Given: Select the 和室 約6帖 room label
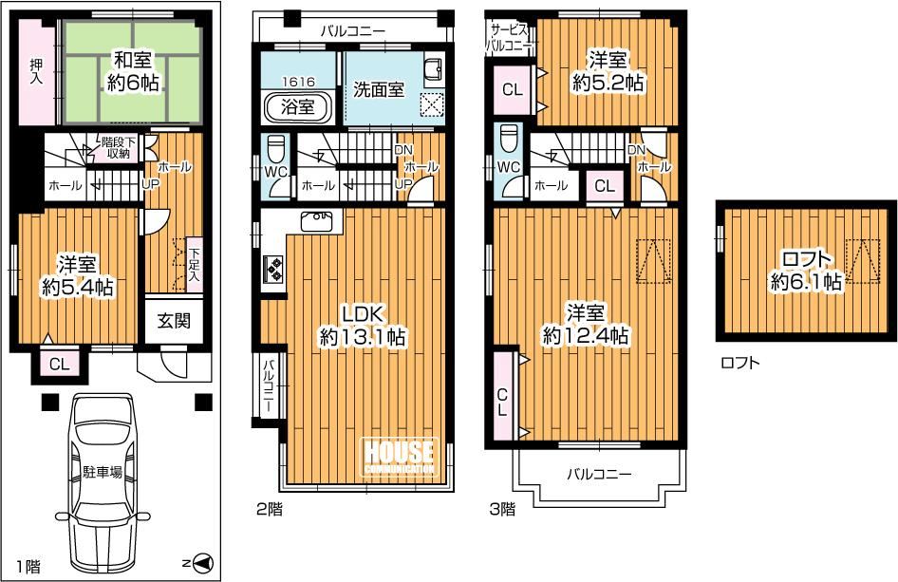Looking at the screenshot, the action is point(134,71).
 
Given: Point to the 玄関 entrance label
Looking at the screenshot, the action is point(174,321).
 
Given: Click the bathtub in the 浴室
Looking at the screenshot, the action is point(298,106).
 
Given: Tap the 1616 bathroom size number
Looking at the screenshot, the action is point(298,82).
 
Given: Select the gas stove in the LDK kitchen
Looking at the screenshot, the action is point(272,268).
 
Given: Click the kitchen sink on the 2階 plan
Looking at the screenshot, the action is point(315,220).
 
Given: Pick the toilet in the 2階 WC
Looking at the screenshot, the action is point(276,149).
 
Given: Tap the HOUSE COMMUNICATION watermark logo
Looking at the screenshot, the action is point(400,456).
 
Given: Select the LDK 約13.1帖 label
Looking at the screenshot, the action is point(362,326).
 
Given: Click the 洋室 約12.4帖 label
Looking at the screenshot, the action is point(586,324).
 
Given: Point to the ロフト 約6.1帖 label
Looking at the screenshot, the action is point(806,271).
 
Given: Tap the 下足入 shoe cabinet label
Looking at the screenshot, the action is point(195,265).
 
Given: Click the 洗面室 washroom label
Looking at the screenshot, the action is point(378,89).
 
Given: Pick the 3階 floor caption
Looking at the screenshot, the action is point(502,509).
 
